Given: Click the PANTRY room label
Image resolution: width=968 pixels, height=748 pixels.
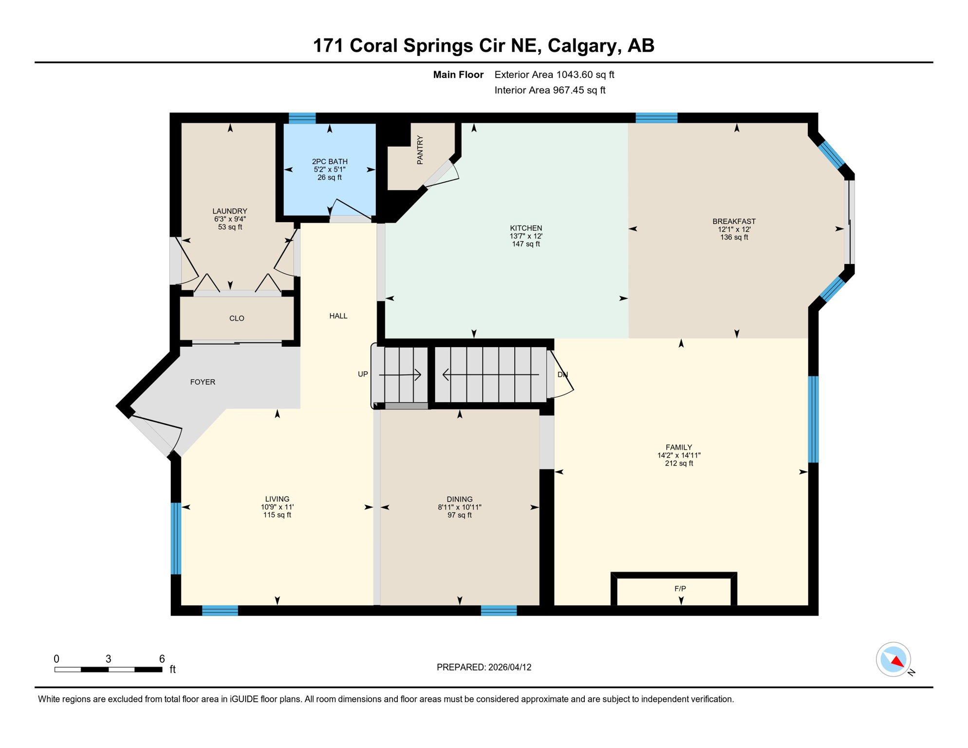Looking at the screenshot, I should click(x=420, y=150).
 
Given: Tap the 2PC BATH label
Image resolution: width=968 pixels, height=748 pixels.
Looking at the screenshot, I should click(x=330, y=162).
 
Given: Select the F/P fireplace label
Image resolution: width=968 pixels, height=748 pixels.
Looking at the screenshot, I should click(x=680, y=589).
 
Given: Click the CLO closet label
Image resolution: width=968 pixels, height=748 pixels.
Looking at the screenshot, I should click(x=237, y=318).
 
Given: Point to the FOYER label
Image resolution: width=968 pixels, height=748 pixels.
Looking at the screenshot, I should click(x=203, y=382).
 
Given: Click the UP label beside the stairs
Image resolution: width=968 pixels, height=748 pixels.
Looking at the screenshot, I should click(x=363, y=374).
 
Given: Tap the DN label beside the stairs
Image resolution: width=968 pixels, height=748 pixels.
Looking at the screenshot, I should click(x=562, y=375).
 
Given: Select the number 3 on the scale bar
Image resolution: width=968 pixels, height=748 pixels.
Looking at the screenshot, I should click(x=108, y=659).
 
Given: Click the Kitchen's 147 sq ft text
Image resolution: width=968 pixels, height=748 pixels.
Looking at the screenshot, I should click(x=526, y=244).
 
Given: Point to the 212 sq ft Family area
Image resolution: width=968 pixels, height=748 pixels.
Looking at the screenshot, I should click(x=679, y=464).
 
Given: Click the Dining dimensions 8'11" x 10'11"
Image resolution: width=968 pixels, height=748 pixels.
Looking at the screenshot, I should click(x=459, y=507).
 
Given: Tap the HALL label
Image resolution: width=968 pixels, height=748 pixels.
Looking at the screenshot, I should click(x=338, y=316).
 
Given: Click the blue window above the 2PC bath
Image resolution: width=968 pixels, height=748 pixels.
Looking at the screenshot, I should click(x=302, y=118).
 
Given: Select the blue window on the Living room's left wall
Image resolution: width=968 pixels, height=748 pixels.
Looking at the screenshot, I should click(x=176, y=539).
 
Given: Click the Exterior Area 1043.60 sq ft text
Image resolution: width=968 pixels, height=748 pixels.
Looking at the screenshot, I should click(x=554, y=75).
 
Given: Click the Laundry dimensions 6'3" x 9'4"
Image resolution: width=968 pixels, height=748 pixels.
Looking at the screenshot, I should click(x=230, y=219).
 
